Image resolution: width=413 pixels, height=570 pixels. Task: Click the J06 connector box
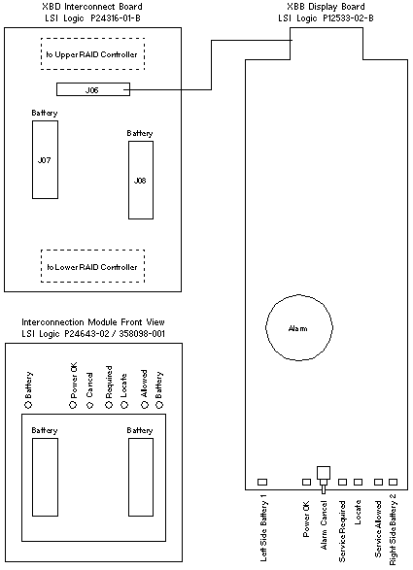coord(93,89)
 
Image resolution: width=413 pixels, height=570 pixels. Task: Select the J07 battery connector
coord(45,159)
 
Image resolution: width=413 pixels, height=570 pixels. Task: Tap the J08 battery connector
coord(141,180)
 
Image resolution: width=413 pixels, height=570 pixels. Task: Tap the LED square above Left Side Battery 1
coord(262,482)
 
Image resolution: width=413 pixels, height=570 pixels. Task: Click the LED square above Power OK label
coord(307,482)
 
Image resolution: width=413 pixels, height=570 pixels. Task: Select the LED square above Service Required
coord(342,482)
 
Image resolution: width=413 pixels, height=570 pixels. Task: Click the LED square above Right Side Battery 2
coord(393,482)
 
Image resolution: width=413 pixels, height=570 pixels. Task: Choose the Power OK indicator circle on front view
coord(74,405)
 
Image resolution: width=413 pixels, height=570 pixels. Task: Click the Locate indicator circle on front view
coord(124,405)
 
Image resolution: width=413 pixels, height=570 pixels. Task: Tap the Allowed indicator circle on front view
coord(145,405)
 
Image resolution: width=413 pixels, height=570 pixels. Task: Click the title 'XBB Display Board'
coord(326,7)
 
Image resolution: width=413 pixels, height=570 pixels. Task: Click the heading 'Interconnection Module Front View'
coord(93,322)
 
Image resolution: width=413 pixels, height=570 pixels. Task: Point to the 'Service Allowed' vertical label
coord(378,529)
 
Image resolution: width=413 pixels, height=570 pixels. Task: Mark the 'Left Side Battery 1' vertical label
coord(263,531)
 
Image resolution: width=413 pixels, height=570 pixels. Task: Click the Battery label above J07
coord(45,113)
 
